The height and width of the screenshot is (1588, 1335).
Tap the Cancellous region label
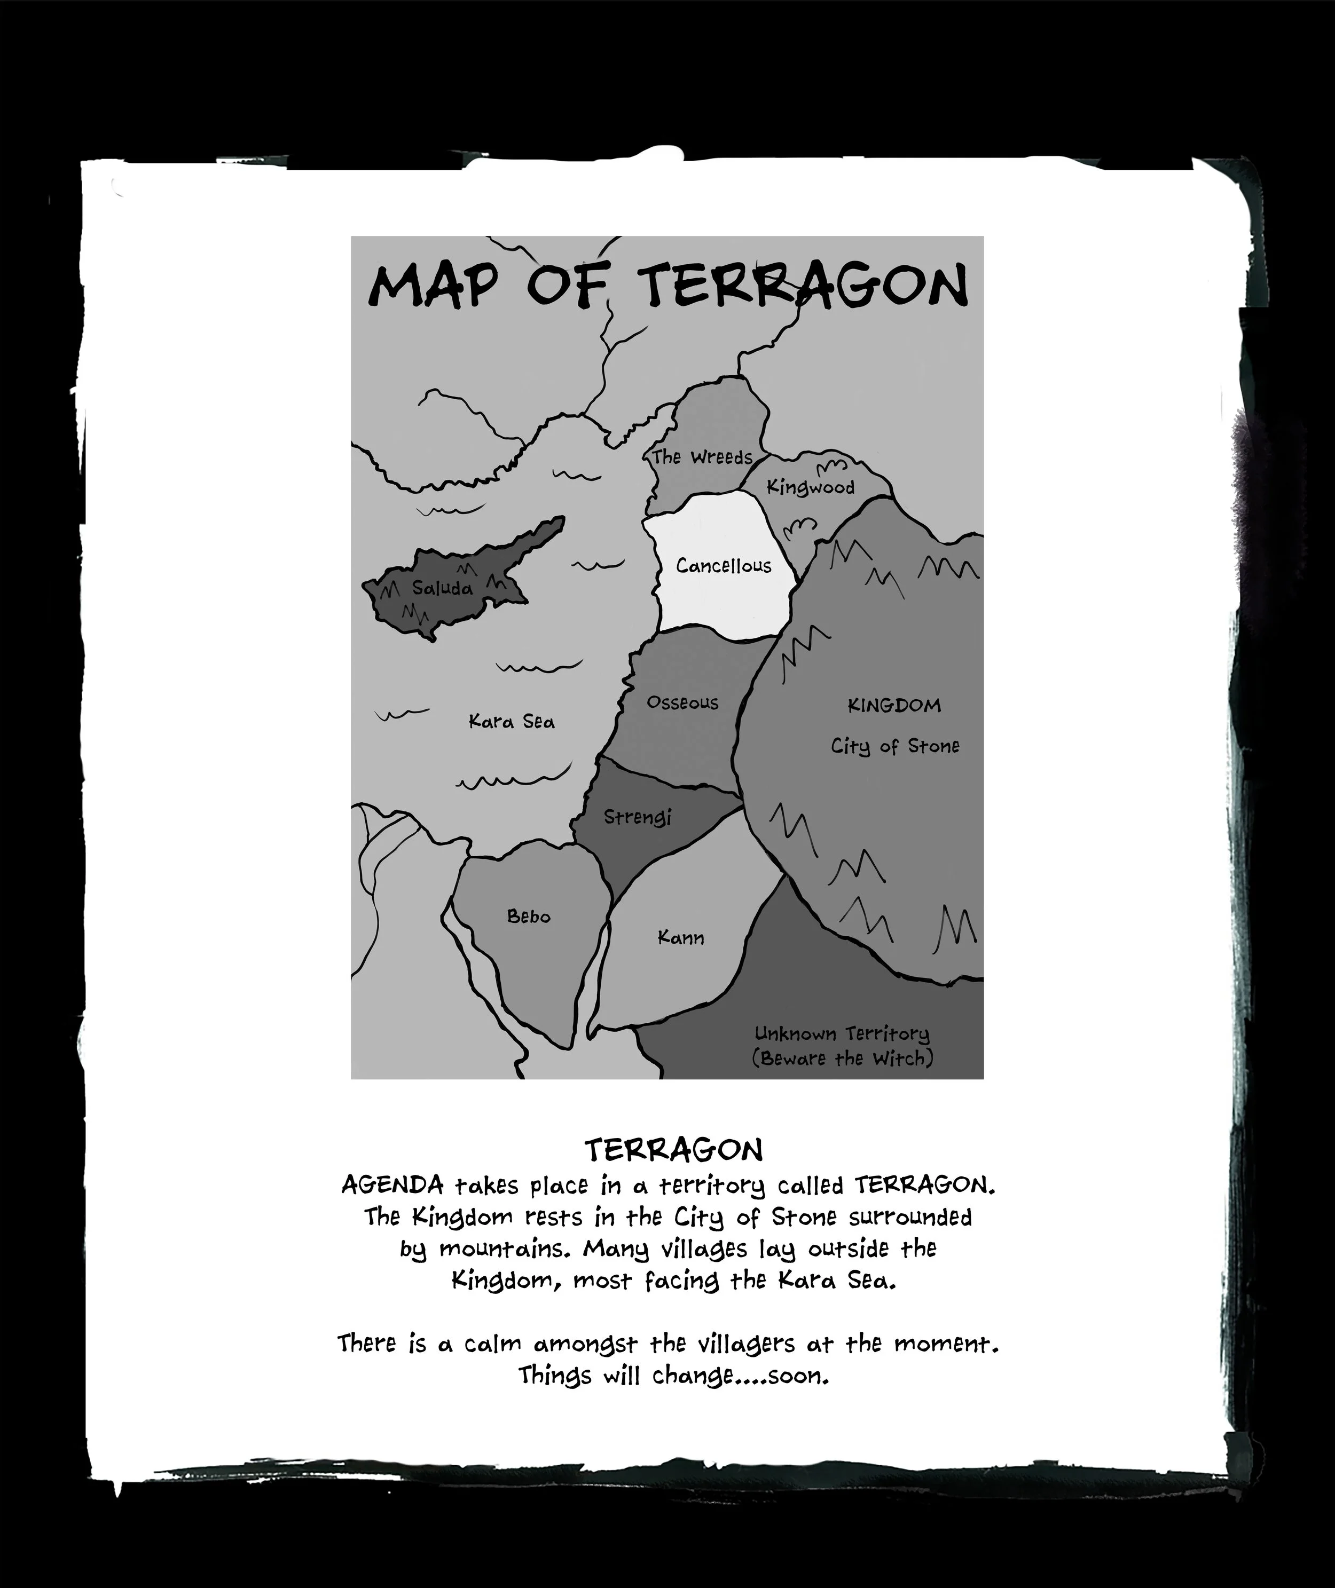pos(724,566)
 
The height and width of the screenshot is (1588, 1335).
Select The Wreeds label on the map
pos(702,457)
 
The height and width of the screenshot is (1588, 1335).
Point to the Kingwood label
pos(811,487)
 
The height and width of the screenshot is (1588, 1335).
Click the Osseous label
pos(682,703)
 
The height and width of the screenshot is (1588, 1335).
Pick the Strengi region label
pos(637,817)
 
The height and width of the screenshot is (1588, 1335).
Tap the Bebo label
pos(528,916)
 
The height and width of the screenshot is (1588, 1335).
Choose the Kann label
pos(680,938)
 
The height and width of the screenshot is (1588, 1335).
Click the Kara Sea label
pos(512,722)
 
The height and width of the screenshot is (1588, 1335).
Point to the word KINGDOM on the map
pos(894,706)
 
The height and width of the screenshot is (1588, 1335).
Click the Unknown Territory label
pos(842,1033)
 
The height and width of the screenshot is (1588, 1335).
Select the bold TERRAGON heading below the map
pos(673,1151)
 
